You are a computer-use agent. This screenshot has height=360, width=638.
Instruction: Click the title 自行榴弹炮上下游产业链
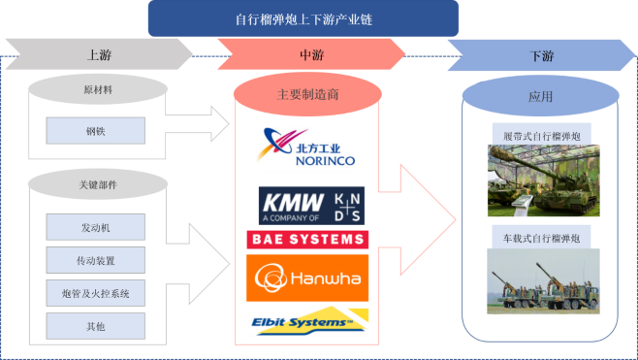pos(303,17)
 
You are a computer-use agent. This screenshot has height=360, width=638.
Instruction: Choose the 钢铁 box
pos(95,130)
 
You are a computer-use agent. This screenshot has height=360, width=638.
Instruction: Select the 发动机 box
pos(95,226)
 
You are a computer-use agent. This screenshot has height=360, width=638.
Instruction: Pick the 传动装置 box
pos(95,259)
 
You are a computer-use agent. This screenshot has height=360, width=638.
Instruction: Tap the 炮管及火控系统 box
pos(95,292)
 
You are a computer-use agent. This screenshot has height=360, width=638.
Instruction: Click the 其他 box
pos(95,325)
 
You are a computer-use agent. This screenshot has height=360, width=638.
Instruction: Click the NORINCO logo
pos(307,147)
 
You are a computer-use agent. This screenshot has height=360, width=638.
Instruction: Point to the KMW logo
pos(311,206)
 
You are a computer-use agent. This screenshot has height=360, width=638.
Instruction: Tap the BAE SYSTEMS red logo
pos(307,239)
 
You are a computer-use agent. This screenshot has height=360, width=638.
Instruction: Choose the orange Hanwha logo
pos(307,278)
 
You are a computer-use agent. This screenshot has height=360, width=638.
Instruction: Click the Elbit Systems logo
pos(306,321)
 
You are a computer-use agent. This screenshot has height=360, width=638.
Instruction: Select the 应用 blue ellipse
pos(540,96)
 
